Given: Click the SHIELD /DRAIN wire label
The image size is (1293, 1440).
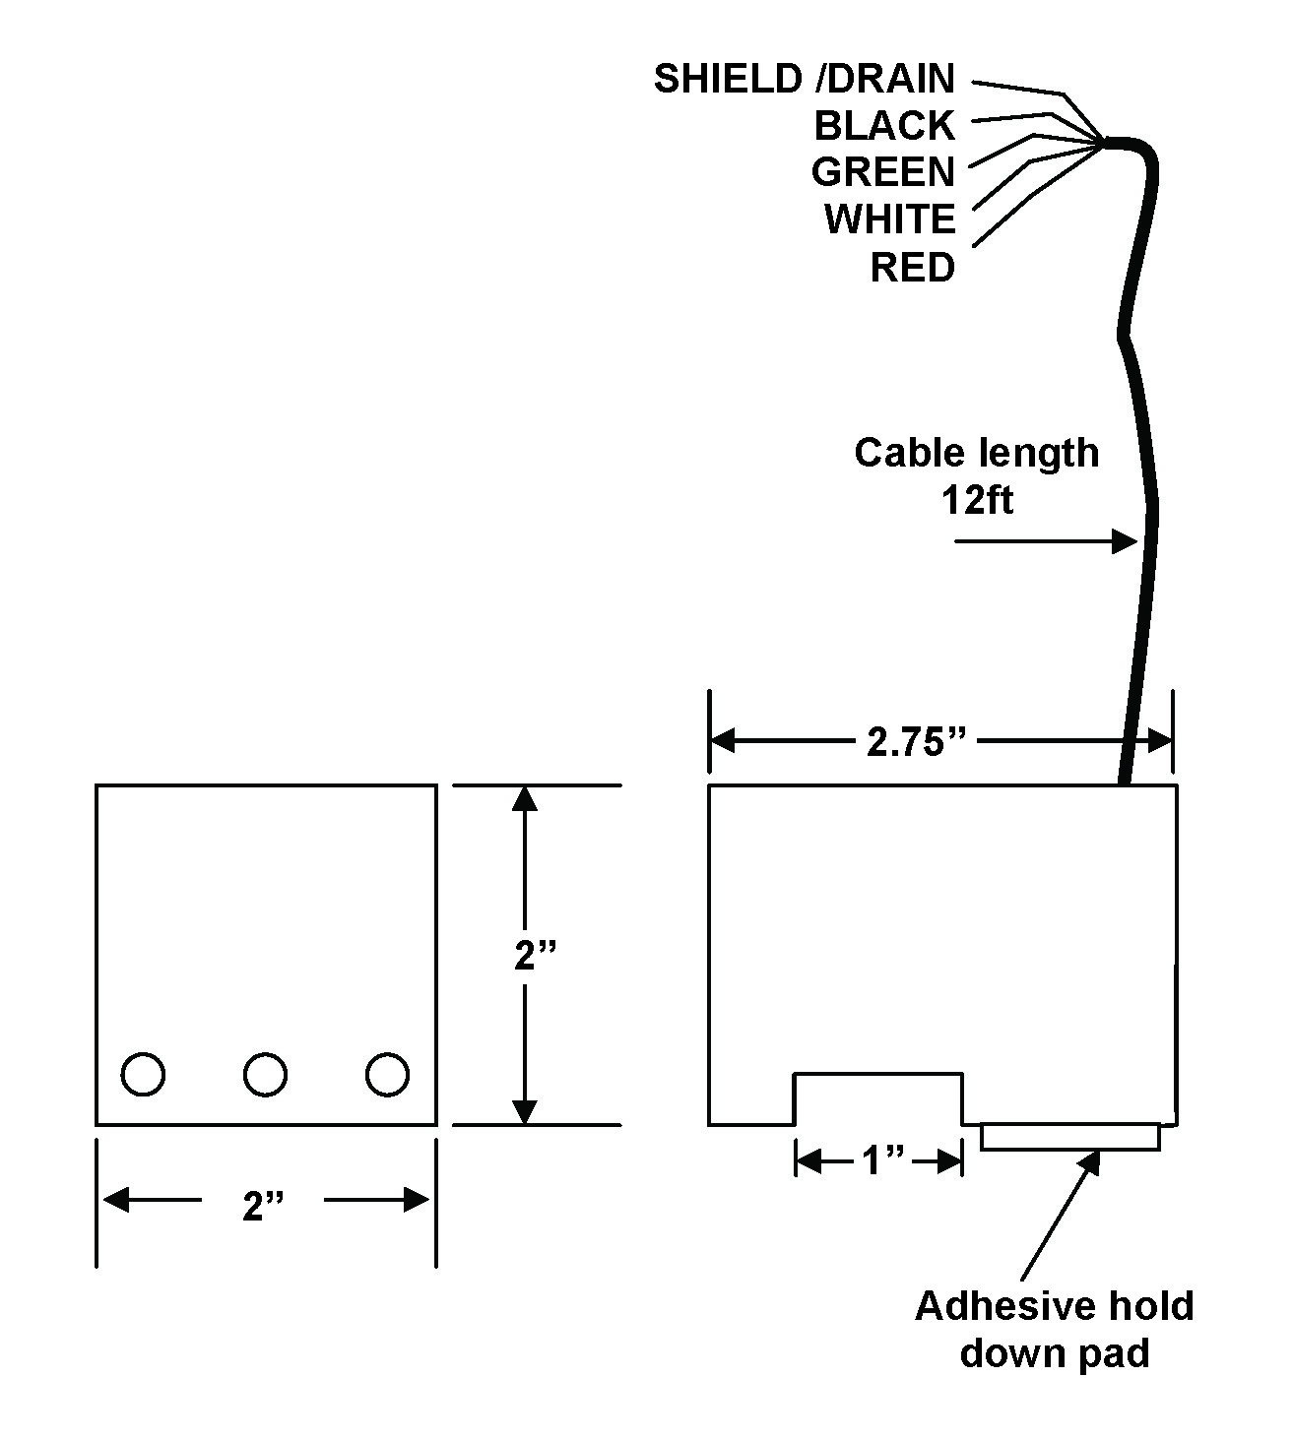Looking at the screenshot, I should [x=804, y=79].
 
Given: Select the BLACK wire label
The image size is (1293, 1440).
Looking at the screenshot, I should [x=884, y=126].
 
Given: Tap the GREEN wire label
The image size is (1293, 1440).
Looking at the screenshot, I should [x=882, y=172].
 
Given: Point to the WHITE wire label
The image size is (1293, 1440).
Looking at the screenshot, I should [x=889, y=219].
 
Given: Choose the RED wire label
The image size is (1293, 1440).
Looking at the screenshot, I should [x=912, y=267].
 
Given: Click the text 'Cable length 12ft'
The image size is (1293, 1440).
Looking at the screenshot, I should [x=976, y=475].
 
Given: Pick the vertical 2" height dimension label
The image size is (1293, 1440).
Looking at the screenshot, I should [x=537, y=956].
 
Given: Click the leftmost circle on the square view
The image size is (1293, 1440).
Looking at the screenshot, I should [x=143, y=1074].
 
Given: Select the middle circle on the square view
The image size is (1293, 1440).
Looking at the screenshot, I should [x=265, y=1074].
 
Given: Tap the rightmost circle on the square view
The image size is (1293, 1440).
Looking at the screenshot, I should [x=387, y=1074].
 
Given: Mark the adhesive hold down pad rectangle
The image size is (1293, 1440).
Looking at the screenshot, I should [x=1070, y=1137].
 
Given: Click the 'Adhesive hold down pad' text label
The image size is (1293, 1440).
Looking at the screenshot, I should [x=1054, y=1329].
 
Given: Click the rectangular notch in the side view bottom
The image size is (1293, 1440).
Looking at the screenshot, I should [x=877, y=1098].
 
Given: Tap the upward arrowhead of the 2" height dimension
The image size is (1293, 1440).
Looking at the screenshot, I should [x=525, y=798].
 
